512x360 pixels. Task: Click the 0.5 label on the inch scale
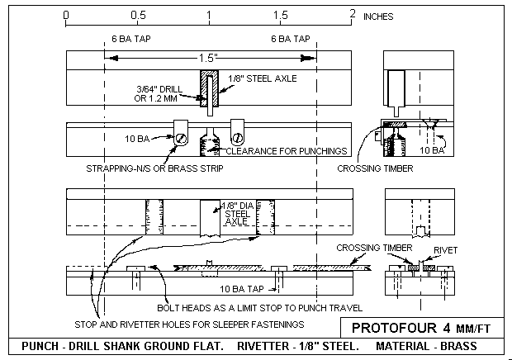click(138, 16)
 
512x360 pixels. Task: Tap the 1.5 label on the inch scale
click(281, 16)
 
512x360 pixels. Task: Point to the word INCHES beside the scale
click(378, 17)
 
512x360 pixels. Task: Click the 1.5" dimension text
click(208, 58)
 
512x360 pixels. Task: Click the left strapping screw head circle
click(179, 139)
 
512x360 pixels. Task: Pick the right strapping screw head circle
click(237, 139)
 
